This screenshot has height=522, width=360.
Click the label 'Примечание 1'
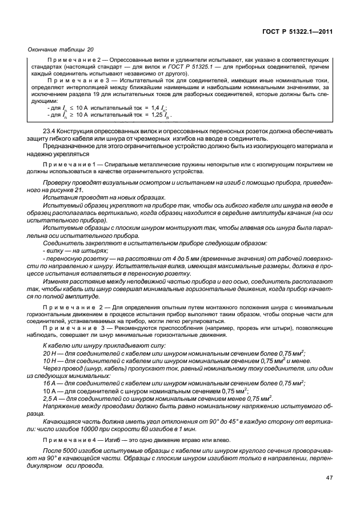click(71, 165)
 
